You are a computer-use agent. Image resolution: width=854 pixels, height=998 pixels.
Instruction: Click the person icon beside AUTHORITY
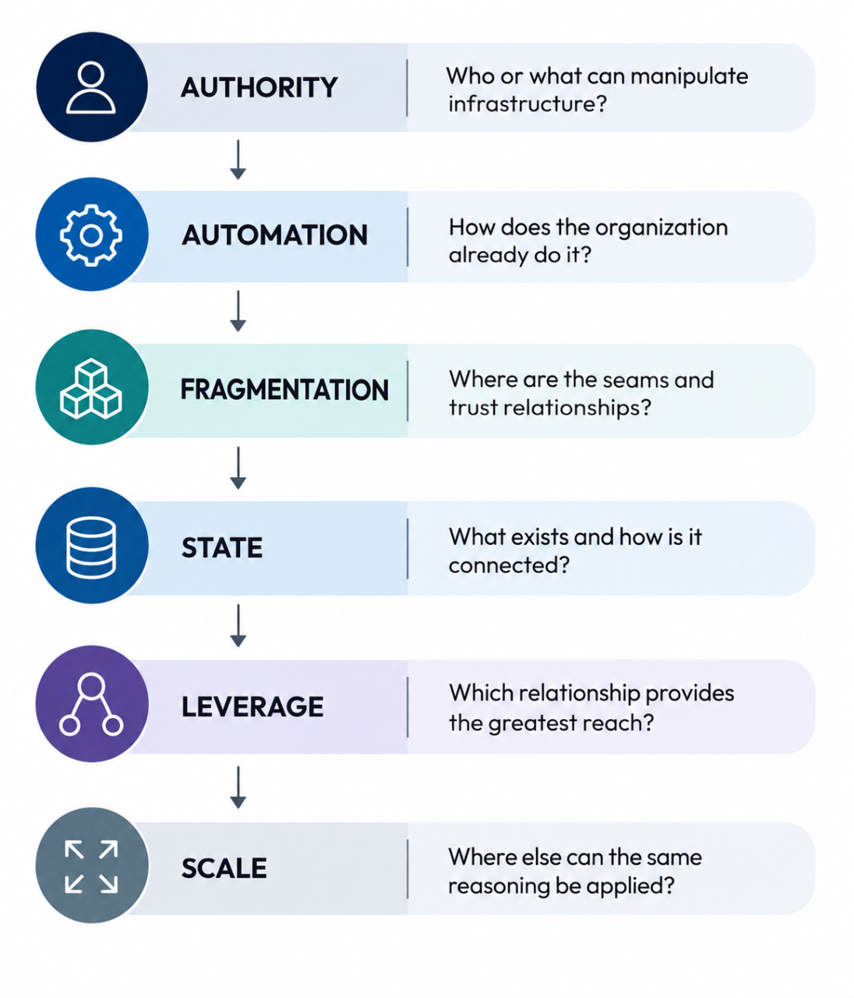(x=90, y=87)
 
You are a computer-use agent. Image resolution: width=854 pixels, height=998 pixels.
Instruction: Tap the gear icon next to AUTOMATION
(x=90, y=235)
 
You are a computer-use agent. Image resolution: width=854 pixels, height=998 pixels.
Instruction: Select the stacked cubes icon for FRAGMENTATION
(x=90, y=388)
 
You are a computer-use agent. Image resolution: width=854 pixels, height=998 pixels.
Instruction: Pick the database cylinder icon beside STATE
(x=90, y=547)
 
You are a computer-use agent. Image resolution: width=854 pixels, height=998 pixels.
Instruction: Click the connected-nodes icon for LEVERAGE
(x=90, y=704)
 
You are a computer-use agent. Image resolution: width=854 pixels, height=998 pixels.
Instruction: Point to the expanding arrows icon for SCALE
(x=91, y=866)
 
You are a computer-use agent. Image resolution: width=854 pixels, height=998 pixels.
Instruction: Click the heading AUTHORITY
(x=259, y=87)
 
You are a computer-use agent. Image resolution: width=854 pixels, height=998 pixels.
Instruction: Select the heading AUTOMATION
(x=274, y=235)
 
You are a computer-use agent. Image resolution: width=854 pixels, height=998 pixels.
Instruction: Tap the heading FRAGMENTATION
(x=284, y=389)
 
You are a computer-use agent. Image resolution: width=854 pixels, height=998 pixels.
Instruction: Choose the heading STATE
(x=222, y=547)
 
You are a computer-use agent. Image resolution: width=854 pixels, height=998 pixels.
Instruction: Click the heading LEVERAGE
(x=252, y=706)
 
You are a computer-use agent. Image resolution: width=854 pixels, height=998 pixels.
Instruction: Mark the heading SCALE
(x=224, y=868)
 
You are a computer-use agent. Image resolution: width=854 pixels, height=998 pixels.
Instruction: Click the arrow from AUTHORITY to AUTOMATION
(x=238, y=160)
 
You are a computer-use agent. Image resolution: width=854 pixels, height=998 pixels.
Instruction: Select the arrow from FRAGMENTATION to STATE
(x=238, y=468)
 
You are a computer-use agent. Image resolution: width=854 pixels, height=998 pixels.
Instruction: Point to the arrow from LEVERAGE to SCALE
(x=238, y=787)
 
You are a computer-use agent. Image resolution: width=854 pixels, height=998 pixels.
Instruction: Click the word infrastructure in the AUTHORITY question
(x=527, y=104)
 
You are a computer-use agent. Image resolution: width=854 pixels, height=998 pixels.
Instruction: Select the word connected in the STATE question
(x=509, y=564)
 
